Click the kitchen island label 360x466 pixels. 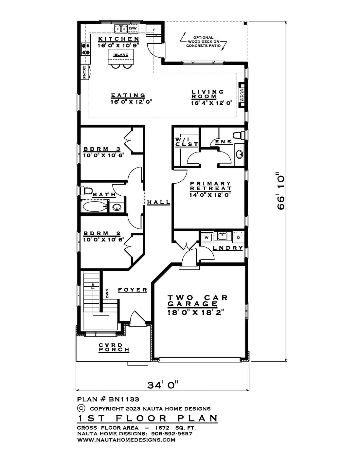click(x=121, y=55)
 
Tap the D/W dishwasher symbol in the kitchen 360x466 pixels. click(x=133, y=29)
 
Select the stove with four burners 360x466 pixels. click(x=86, y=49)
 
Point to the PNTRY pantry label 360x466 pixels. click(x=84, y=72)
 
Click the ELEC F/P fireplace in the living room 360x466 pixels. click(x=242, y=95)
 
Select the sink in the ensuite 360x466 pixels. click(x=239, y=154)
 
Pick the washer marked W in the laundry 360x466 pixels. click(x=207, y=238)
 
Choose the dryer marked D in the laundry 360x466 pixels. click(x=239, y=238)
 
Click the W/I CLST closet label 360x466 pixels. click(x=187, y=142)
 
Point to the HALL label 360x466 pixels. click(x=158, y=202)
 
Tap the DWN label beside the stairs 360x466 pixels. click(x=107, y=293)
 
